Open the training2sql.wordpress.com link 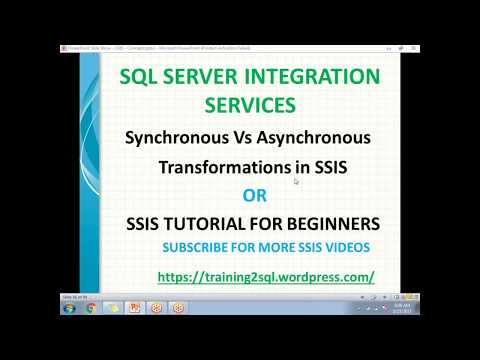pyautogui.click(x=266, y=275)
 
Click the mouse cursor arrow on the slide pyautogui.click(x=296, y=181)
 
